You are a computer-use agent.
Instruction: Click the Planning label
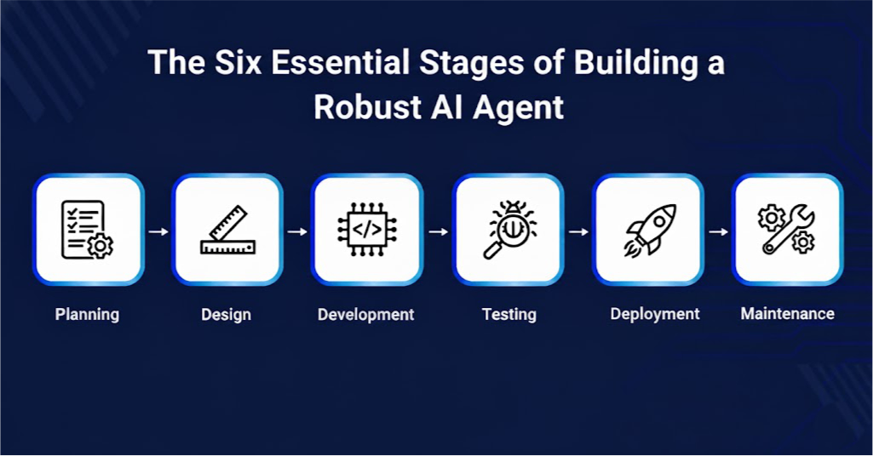coord(87,315)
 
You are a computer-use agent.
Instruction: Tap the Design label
coord(226,315)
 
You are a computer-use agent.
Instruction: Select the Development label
coord(365,315)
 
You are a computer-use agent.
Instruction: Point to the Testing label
coord(508,315)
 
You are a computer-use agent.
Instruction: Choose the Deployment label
coord(655,314)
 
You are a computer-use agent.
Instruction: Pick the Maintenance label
coord(787,314)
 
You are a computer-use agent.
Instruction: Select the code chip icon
coord(367,229)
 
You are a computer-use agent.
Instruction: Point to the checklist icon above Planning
coord(87,230)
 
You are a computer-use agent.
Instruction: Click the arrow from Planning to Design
coord(158,231)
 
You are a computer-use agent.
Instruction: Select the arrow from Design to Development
coord(297,231)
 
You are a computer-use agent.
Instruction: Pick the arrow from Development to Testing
coord(438,231)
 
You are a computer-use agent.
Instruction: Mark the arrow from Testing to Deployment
coord(578,231)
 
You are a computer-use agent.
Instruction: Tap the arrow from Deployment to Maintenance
coord(718,231)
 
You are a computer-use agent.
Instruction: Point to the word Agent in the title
coord(519,108)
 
